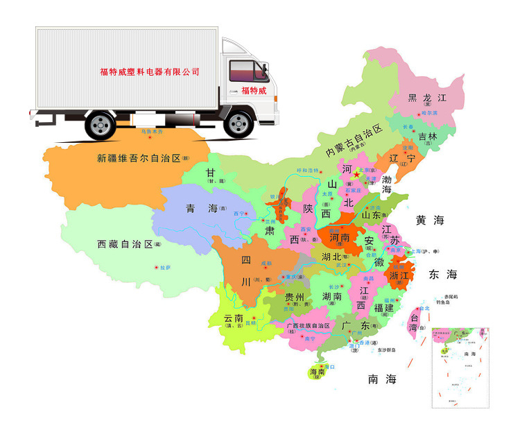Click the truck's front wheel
[239, 124]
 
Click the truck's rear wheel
[101, 125]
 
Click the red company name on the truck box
[150, 71]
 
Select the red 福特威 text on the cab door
[254, 91]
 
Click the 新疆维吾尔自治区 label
[139, 158]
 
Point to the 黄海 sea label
[429, 221]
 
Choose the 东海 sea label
[443, 274]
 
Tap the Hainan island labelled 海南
[318, 372]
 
